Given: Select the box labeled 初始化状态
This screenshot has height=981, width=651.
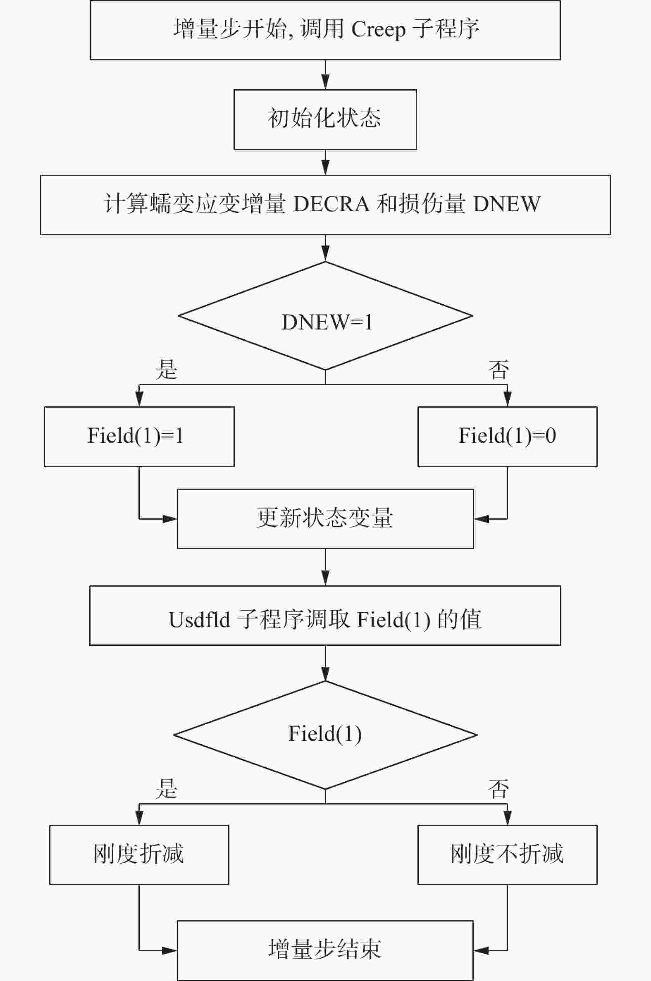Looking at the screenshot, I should click(325, 119).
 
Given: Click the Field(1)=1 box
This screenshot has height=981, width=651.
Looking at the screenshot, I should click(139, 436).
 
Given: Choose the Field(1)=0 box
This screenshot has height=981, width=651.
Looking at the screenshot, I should click(507, 436).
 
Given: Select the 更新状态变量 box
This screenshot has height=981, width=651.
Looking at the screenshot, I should click(325, 518).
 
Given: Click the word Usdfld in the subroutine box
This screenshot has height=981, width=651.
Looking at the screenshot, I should click(199, 619).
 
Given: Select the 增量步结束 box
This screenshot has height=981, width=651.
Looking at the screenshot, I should click(325, 950).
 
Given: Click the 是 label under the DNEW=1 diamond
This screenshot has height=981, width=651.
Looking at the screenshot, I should click(167, 370).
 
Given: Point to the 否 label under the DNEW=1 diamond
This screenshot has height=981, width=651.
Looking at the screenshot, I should click(498, 370).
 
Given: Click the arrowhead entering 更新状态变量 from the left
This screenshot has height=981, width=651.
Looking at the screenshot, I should click(170, 518).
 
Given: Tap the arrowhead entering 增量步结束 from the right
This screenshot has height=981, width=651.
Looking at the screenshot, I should click(481, 950).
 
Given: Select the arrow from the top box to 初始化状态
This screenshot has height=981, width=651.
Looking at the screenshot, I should click(326, 75).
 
